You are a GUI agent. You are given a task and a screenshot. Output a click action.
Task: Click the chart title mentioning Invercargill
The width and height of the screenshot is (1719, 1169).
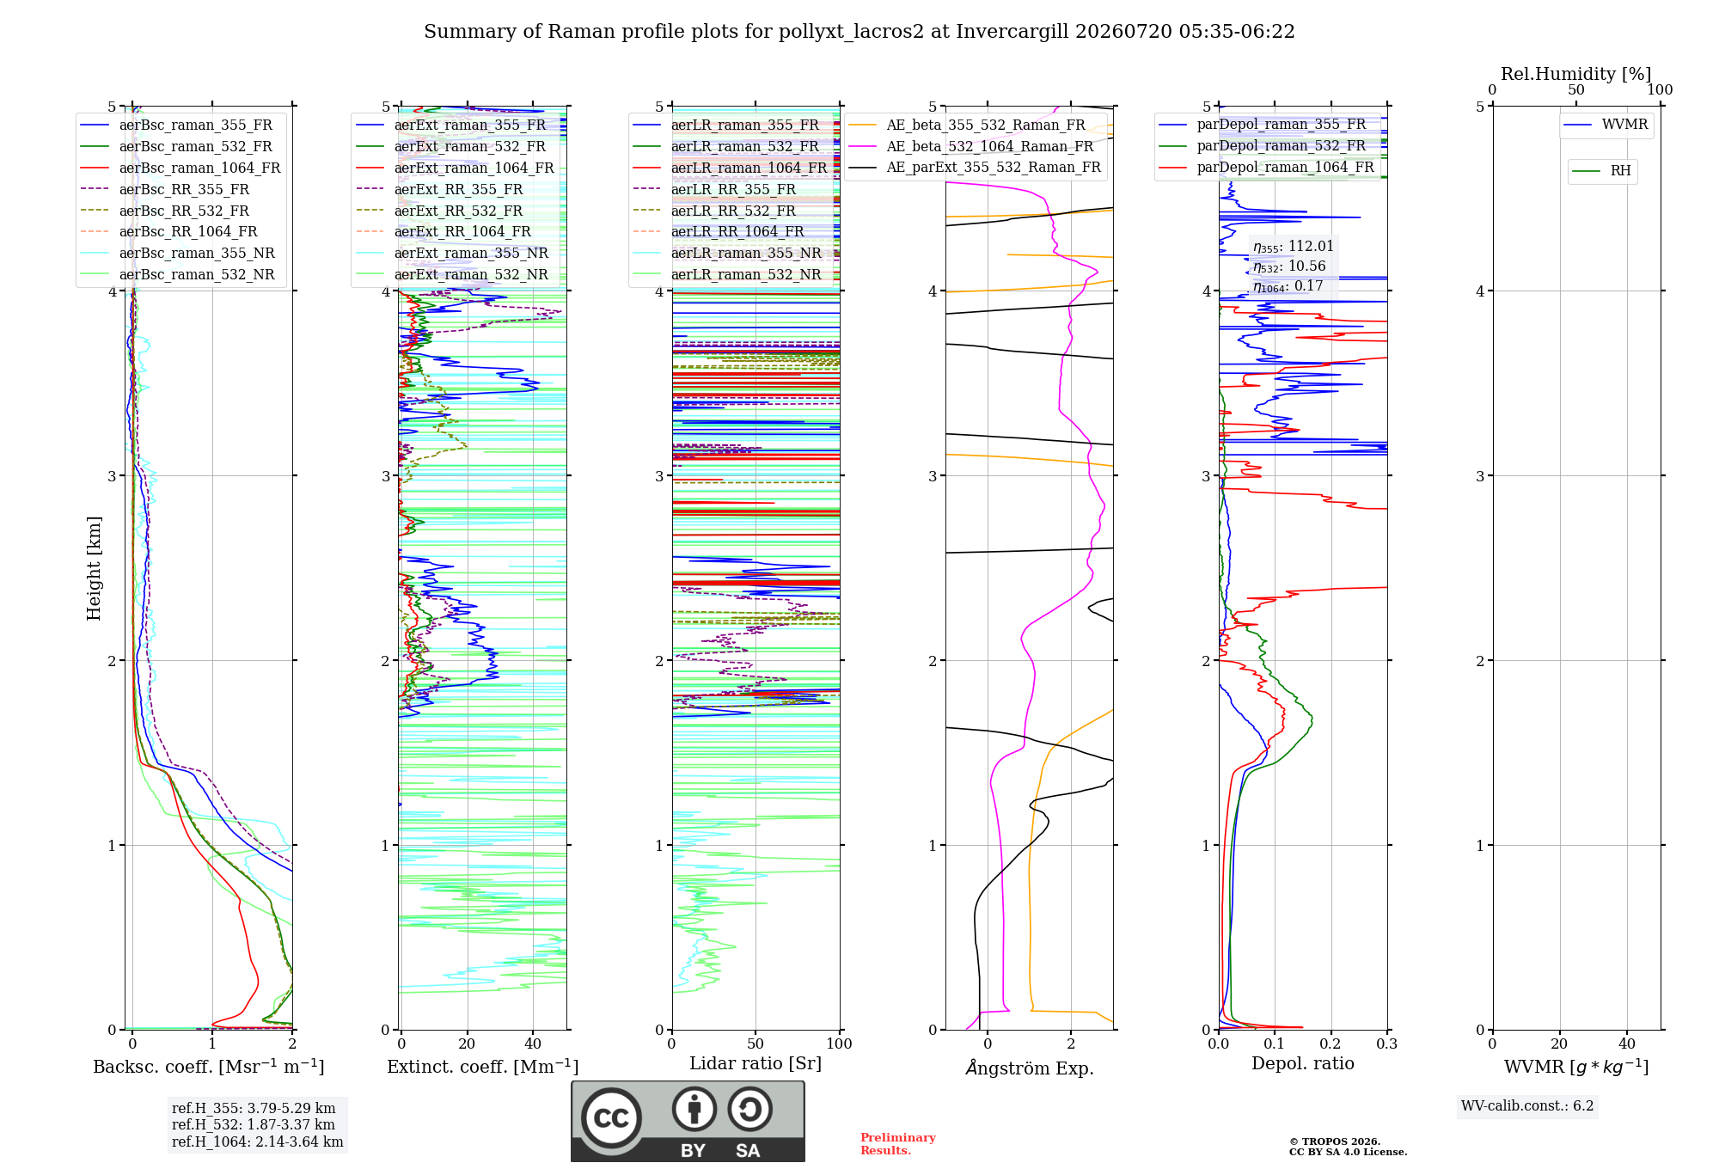pyautogui.click(x=859, y=32)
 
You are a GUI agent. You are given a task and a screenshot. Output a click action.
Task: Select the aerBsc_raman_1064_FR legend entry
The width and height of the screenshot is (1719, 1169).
pyautogui.click(x=180, y=168)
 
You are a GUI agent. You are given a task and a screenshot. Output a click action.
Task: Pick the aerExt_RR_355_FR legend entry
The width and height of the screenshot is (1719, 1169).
pyautogui.click(x=439, y=189)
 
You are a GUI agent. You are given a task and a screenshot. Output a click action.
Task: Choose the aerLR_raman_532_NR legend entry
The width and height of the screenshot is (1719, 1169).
pyautogui.click(x=727, y=274)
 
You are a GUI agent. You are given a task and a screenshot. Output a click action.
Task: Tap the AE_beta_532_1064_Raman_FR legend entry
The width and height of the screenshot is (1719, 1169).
pyautogui.click(x=971, y=146)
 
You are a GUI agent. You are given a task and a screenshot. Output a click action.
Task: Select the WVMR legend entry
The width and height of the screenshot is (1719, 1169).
pyautogui.click(x=1606, y=125)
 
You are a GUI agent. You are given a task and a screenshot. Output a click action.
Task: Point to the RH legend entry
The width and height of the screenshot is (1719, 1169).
pyautogui.click(x=1602, y=171)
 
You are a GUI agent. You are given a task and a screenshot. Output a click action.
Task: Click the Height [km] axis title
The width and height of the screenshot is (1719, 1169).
pyautogui.click(x=94, y=568)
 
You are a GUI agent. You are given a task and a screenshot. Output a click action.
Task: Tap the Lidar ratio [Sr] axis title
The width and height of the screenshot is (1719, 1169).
pyautogui.click(x=756, y=1063)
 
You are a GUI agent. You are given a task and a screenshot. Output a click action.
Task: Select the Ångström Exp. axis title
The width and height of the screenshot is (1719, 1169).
pyautogui.click(x=1030, y=1068)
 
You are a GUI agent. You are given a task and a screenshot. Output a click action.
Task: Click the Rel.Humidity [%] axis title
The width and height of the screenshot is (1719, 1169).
pyautogui.click(x=1576, y=74)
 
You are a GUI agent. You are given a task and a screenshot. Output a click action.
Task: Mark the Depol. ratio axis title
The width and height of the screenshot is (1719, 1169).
pyautogui.click(x=1303, y=1063)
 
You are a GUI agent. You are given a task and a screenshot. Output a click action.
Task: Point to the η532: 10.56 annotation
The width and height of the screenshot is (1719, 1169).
pyautogui.click(x=1289, y=266)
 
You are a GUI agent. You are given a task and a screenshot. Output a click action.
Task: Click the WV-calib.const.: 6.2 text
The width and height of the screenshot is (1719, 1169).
pyautogui.click(x=1527, y=1106)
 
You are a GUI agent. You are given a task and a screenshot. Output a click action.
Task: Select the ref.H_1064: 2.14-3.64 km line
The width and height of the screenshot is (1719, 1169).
pyautogui.click(x=258, y=1142)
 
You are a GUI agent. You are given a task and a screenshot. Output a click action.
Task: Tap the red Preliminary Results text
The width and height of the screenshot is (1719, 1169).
pyautogui.click(x=898, y=1144)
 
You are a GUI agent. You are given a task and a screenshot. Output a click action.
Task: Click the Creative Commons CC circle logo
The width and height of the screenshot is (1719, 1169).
pyautogui.click(x=612, y=1117)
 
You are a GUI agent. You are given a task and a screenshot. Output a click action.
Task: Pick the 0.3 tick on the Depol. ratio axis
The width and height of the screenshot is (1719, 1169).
pyautogui.click(x=1386, y=1044)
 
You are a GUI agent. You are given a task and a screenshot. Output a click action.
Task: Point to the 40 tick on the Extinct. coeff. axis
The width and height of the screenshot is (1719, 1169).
pyautogui.click(x=533, y=1044)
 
